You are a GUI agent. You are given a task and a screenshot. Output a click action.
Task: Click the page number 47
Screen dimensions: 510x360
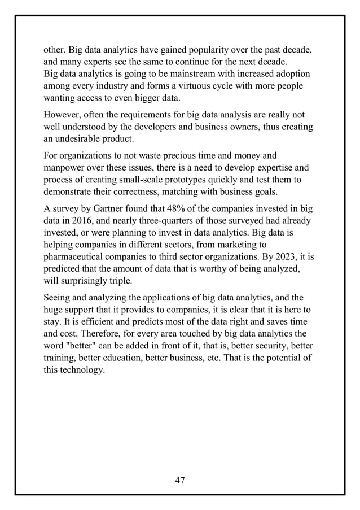coord(180,480)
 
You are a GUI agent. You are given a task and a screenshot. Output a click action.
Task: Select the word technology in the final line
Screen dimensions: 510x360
coord(83,371)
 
